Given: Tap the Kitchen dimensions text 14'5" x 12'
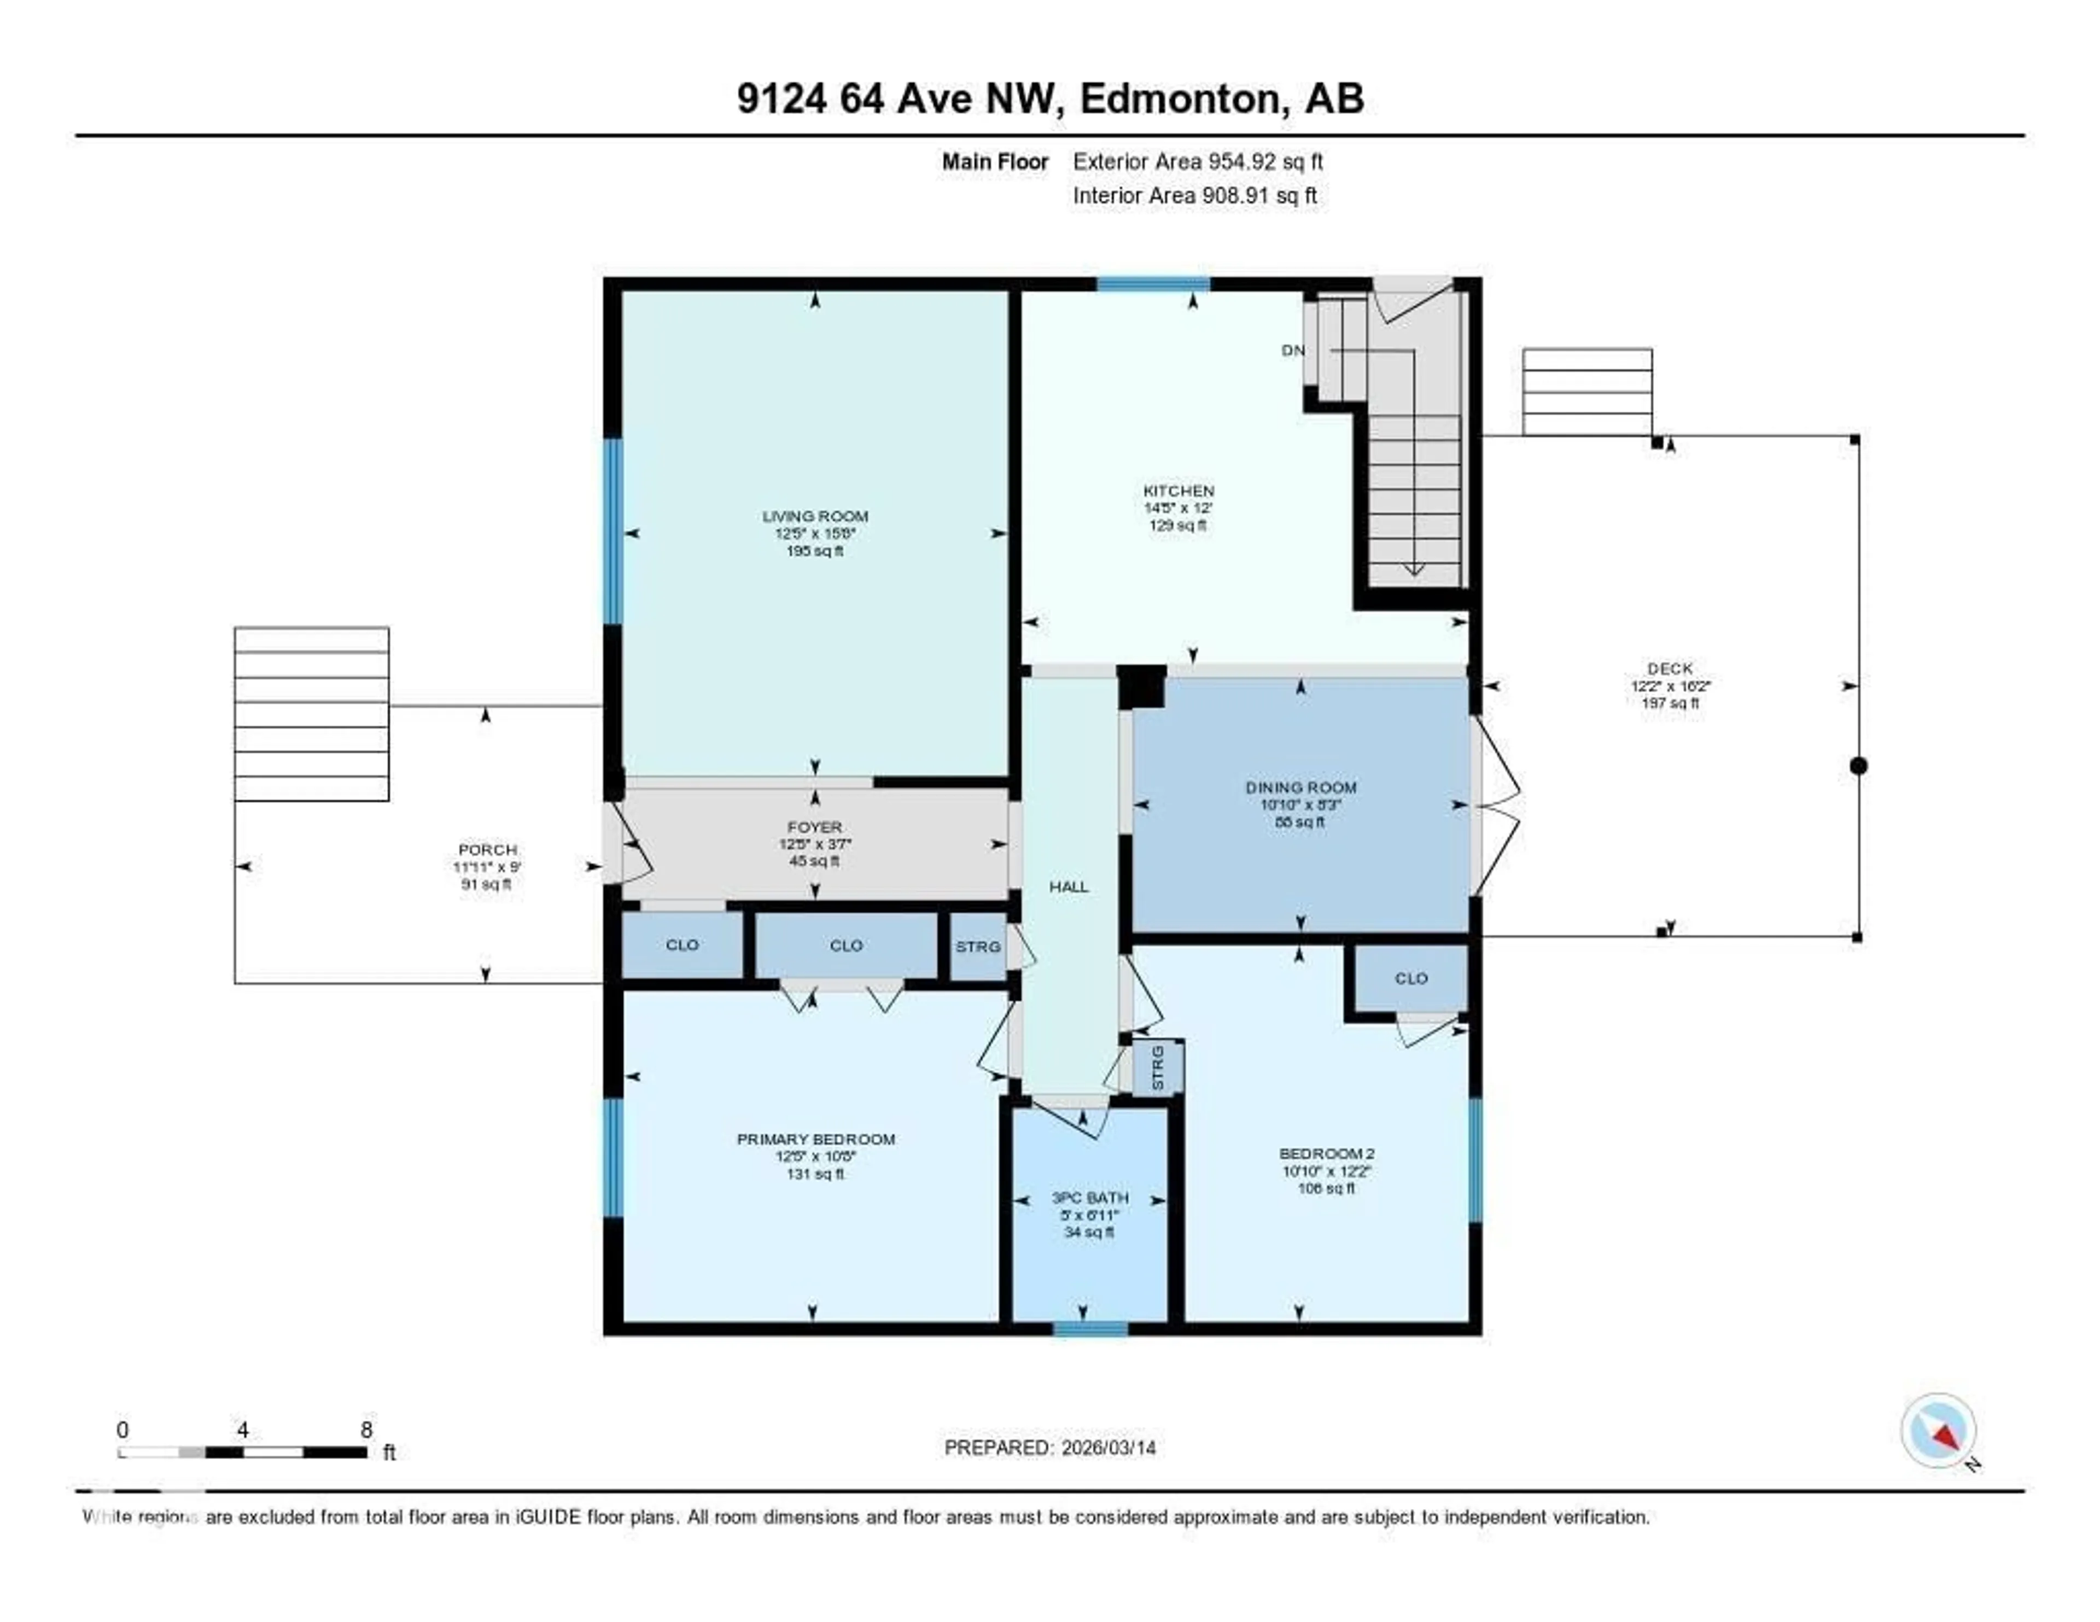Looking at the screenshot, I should point(1177,507).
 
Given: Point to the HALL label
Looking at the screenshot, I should point(1068,886).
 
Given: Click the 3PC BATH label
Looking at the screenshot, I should point(1089,1198).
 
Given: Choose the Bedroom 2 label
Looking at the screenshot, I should point(1326,1154).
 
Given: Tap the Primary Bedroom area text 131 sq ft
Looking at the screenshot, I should point(814,1174).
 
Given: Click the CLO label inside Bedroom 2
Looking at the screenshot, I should point(1410,979).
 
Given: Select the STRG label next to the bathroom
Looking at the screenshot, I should point(1158,1068).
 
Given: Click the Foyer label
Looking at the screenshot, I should point(814,827).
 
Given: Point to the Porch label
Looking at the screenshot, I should point(487,850).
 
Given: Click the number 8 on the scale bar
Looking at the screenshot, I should point(366,1430).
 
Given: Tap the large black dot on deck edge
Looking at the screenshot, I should point(1858,766).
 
